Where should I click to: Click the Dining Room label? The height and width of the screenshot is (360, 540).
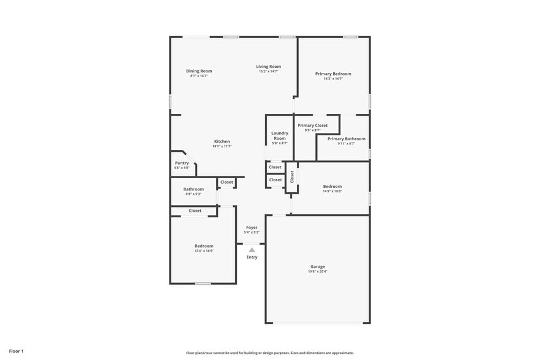(199, 71)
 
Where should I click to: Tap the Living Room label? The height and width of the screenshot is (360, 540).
(268, 66)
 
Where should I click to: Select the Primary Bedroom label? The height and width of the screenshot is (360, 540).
(333, 74)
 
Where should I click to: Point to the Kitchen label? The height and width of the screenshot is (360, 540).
(222, 141)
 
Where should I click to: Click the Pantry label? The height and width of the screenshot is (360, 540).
(182, 163)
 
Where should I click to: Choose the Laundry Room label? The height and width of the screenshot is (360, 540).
(280, 135)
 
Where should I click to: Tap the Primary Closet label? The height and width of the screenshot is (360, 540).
(312, 126)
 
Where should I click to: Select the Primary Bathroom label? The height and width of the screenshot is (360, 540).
(346, 139)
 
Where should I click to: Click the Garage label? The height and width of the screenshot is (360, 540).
(317, 267)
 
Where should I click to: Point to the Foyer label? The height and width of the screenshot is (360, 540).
(252, 228)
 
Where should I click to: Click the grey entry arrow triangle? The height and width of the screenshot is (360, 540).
(252, 250)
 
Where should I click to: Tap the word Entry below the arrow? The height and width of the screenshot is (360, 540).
(252, 257)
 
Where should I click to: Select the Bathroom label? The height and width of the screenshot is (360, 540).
(193, 189)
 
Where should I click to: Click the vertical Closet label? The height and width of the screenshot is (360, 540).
(292, 176)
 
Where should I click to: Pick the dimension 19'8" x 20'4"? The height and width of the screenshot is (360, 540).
(317, 272)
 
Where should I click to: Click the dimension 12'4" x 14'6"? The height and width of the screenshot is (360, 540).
(204, 251)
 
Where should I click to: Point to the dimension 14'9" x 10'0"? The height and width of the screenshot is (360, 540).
(332, 191)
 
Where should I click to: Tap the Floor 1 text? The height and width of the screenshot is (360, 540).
(16, 351)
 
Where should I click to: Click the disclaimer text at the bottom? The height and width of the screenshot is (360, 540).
(269, 353)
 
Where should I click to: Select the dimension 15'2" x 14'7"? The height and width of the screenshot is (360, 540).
(268, 71)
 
